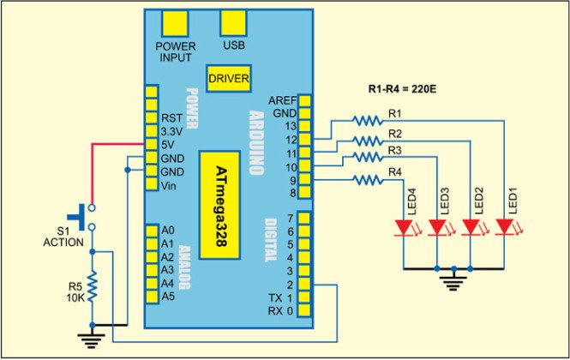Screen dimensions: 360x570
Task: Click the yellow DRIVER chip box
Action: click(228, 78)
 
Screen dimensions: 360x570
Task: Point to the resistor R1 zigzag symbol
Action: click(366, 121)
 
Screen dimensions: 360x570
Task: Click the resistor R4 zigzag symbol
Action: click(366, 179)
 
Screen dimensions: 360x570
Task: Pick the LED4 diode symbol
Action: click(405, 228)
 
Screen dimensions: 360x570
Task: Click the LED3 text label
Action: click(444, 198)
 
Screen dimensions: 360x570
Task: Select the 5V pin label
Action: click(168, 144)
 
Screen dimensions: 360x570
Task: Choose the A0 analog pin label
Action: click(167, 230)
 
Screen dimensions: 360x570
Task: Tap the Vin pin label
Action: click(168, 185)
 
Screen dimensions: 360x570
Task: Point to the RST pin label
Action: click(169, 117)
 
